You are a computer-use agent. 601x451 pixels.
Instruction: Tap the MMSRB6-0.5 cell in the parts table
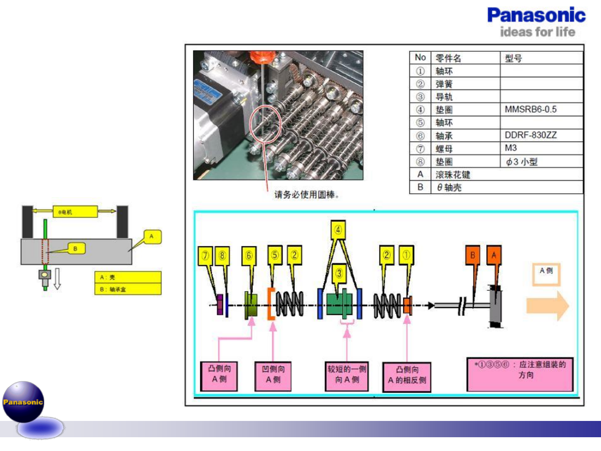pyautogui.click(x=530, y=109)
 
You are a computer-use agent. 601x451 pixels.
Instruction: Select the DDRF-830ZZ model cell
pyautogui.click(x=530, y=135)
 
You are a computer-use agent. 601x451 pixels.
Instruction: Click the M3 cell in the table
pyautogui.click(x=511, y=148)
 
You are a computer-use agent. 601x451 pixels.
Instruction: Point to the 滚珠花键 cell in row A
pyautogui.click(x=453, y=175)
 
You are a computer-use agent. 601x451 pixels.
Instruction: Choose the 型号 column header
pyautogui.click(x=513, y=58)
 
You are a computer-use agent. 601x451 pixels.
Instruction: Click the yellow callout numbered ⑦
pyautogui.click(x=205, y=256)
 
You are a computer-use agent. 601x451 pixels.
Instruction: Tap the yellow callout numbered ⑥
pyautogui.click(x=249, y=256)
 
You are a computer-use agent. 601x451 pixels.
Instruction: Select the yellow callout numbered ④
pyautogui.click(x=338, y=230)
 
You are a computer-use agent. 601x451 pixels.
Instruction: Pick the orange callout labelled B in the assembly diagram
pyautogui.click(x=473, y=255)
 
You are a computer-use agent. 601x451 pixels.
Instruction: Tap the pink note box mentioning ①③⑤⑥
pyautogui.click(x=520, y=374)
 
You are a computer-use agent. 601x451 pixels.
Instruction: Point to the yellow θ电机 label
pyautogui.click(x=75, y=212)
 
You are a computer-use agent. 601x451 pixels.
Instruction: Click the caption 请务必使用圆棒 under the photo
pyautogui.click(x=306, y=195)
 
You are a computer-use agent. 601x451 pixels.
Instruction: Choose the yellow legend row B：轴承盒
pyautogui.click(x=128, y=289)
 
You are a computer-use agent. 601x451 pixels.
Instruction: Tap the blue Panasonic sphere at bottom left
pyautogui.click(x=23, y=402)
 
